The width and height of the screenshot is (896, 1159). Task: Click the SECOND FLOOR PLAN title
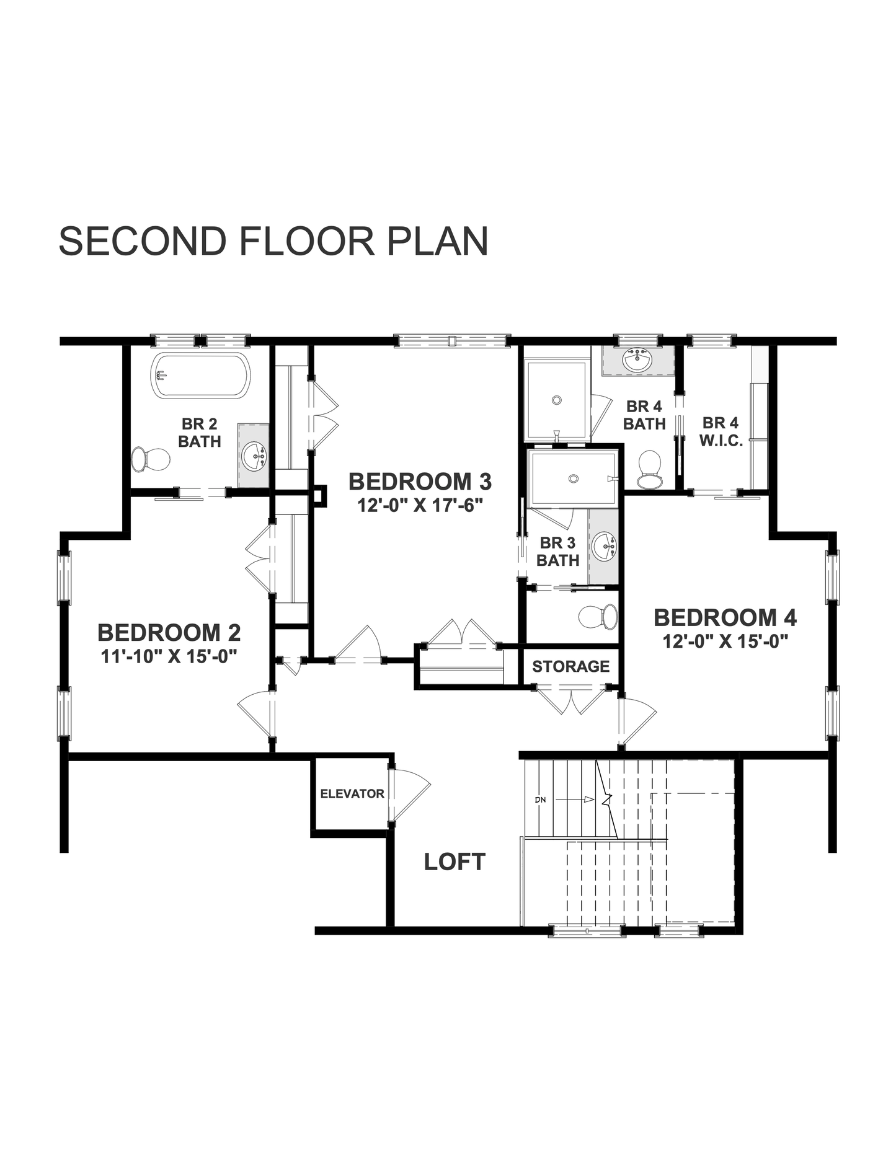click(273, 241)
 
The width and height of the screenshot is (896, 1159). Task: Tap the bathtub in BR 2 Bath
click(200, 376)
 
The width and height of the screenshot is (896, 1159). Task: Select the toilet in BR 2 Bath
click(150, 460)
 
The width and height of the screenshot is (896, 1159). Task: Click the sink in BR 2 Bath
click(254, 456)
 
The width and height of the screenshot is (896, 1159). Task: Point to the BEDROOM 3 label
click(420, 482)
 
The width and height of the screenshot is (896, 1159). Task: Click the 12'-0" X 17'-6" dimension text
click(420, 505)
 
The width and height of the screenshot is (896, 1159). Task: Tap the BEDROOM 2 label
click(169, 633)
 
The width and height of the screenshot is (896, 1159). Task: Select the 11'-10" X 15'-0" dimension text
click(169, 656)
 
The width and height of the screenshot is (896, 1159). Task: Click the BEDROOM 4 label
click(725, 618)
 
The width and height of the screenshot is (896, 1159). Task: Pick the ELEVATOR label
click(352, 794)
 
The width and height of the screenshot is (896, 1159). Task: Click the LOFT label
click(455, 862)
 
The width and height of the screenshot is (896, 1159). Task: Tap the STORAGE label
click(570, 666)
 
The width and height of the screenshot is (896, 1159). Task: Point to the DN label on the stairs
click(540, 800)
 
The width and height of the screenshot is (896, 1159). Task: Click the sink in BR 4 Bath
click(637, 360)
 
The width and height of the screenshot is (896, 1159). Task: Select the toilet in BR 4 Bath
click(650, 469)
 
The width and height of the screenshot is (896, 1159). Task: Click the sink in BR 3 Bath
click(604, 545)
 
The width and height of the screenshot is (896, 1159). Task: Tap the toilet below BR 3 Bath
click(598, 617)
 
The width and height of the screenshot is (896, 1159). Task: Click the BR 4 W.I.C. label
click(721, 432)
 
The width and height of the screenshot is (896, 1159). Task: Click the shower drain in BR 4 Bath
click(557, 400)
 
